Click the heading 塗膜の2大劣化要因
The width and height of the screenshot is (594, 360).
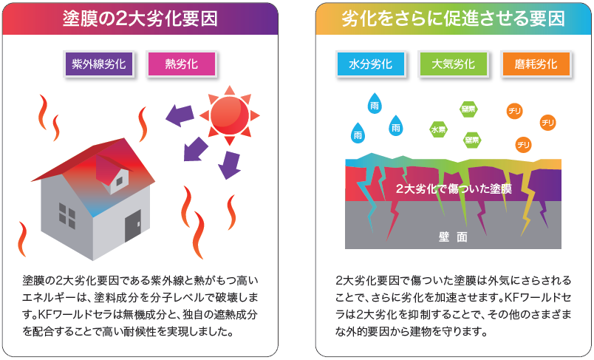[x=140, y=18]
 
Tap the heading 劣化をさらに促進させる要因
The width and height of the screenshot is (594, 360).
[x=453, y=18]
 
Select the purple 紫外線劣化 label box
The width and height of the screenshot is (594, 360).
[x=98, y=64]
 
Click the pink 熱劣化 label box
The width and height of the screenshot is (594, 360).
[x=182, y=64]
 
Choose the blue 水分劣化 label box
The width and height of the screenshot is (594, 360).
[x=370, y=64]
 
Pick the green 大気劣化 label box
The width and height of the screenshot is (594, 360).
[x=453, y=64]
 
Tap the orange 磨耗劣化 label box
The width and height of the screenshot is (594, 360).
[x=536, y=64]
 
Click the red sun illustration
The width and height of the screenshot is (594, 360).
[x=230, y=115]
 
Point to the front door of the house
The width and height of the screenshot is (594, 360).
[x=132, y=226]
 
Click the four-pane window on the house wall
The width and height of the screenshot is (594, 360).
[x=67, y=216]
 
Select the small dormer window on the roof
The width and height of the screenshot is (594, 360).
[x=120, y=182]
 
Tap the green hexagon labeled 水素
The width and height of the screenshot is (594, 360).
[x=438, y=129]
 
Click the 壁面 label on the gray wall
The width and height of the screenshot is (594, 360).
[x=453, y=237]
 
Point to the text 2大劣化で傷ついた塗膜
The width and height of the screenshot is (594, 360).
[x=454, y=189]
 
